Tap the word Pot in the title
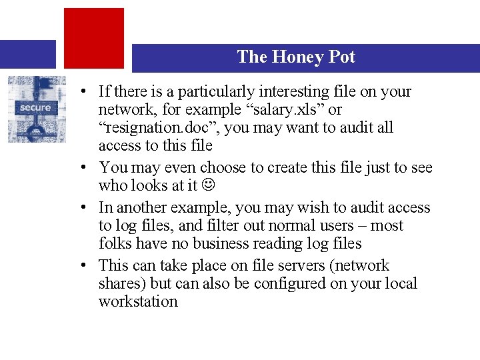[x=341, y=57]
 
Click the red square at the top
[x=94, y=37]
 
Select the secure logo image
[x=37, y=109]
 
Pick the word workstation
[x=138, y=301]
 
